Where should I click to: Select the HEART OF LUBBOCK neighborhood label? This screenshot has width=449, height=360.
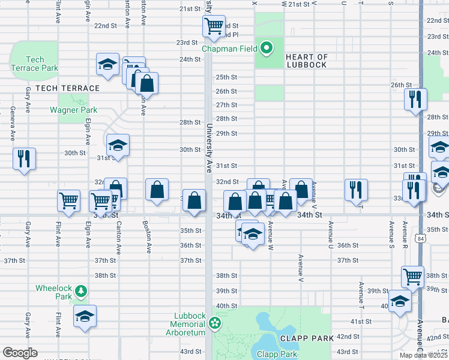(x=306, y=61)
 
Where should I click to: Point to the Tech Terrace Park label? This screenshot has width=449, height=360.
(x=35, y=64)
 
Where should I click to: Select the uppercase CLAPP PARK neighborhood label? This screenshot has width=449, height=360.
(x=309, y=338)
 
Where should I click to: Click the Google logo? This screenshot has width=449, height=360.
(x=20, y=353)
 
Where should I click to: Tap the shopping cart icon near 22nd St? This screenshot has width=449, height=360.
(x=213, y=26)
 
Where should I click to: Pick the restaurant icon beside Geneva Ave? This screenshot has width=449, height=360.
(x=24, y=158)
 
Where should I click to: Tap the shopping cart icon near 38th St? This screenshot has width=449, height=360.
(x=412, y=277)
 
